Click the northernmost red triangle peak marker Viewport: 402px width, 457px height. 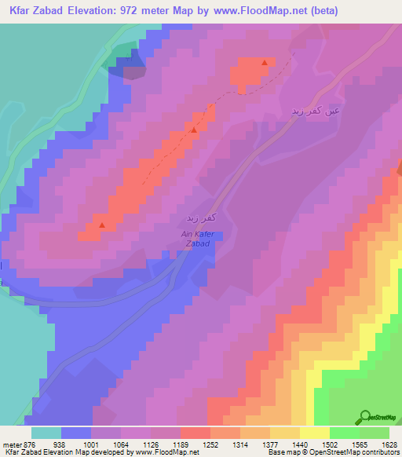tap(265, 62)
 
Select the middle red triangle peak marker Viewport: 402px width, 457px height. tap(194, 130)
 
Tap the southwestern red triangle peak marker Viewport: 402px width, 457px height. tap(101, 226)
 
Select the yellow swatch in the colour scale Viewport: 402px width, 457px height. tap(315, 433)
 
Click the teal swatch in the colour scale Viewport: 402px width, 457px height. tap(46, 433)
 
